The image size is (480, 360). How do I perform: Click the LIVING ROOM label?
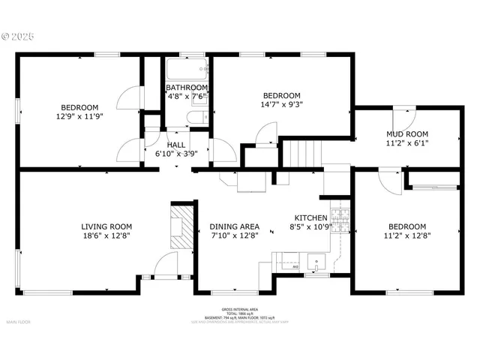(106, 226)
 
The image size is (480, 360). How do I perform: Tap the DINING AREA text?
(234, 226)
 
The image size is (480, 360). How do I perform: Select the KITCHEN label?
(309, 217)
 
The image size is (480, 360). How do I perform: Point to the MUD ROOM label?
(406, 134)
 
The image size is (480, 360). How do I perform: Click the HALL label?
(176, 145)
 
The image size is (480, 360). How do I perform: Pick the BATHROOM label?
(187, 88)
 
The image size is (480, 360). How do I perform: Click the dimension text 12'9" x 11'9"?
(79, 116)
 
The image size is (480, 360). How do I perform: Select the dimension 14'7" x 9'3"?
(281, 105)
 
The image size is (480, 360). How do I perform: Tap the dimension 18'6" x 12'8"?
(106, 235)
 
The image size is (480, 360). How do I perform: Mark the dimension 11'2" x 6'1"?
(406, 142)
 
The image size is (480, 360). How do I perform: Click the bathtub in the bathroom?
(186, 70)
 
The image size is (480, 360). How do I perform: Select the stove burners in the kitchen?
(341, 219)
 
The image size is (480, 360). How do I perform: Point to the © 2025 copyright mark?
(19, 34)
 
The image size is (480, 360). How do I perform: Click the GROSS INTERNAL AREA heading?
(239, 309)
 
